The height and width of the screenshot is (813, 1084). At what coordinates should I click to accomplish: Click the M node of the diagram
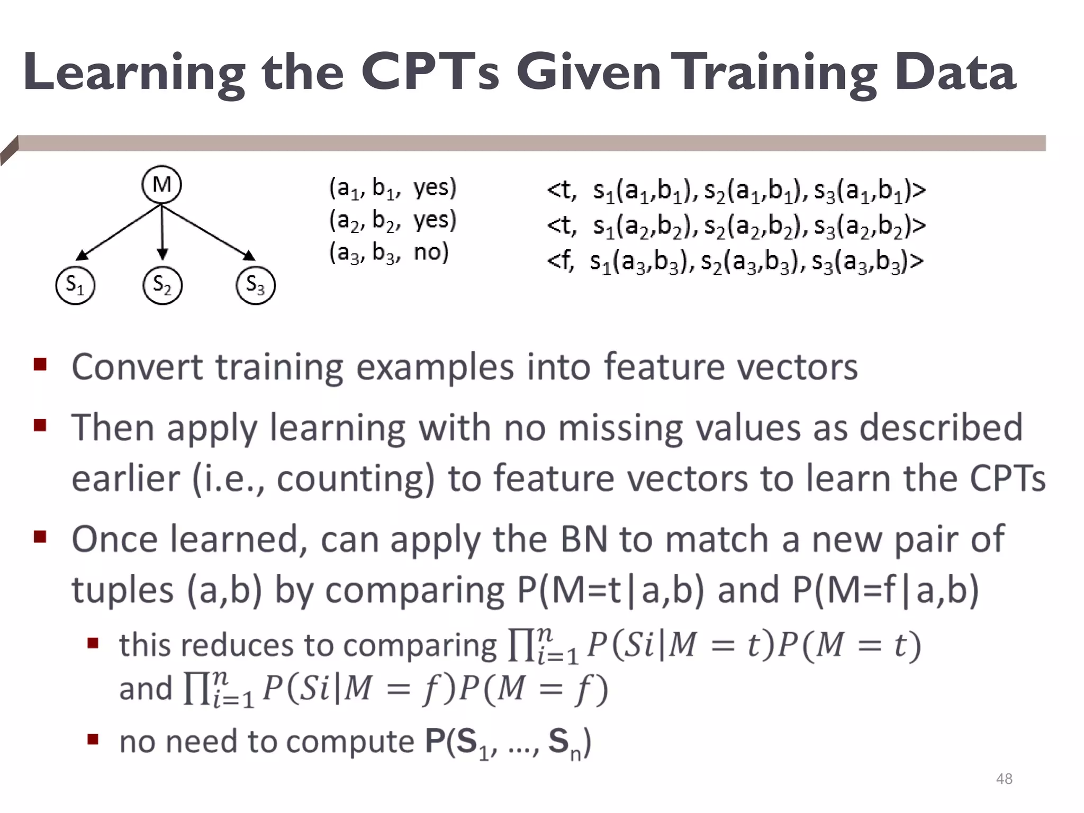[161, 185]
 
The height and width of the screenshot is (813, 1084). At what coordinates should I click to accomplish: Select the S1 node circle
[75, 285]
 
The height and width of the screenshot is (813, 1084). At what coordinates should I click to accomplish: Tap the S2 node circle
[162, 285]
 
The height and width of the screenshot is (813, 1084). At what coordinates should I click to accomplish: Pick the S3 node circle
[255, 285]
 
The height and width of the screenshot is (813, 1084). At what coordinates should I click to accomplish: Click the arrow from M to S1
[119, 232]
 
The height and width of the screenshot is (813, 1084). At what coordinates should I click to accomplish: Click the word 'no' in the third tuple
[431, 252]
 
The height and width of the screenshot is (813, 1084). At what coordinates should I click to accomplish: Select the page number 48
[1004, 779]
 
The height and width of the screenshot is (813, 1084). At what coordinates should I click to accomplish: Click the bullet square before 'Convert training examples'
[40, 365]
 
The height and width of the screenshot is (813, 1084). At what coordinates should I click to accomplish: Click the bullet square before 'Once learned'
[40, 537]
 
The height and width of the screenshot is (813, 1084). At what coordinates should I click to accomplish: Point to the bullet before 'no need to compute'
[93, 739]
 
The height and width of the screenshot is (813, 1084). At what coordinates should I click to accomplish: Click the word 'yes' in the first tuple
[434, 187]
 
